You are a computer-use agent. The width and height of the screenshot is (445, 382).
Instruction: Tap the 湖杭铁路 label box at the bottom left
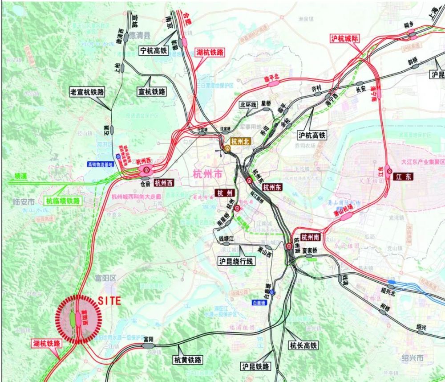tap(47, 344)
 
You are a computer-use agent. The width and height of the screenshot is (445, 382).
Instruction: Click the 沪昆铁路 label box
tap(255, 366)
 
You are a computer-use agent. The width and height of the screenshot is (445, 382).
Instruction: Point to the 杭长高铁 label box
tap(303, 345)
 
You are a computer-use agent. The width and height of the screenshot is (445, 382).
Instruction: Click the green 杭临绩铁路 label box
tap(64, 201)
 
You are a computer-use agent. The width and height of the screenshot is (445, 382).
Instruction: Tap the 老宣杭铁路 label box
tap(87, 92)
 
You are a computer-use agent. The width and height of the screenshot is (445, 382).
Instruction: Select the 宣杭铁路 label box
tap(151, 91)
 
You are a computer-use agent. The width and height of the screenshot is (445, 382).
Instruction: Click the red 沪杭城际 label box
tap(344, 38)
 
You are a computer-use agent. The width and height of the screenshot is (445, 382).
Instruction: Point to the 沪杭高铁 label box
tap(312, 135)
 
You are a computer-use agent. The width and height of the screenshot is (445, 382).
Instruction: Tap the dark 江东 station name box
tap(403, 177)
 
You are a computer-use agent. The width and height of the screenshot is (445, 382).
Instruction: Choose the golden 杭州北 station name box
tap(241, 142)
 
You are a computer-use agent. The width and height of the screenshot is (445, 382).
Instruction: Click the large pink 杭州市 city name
tap(207, 174)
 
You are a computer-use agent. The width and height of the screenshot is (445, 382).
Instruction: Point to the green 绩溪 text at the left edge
tap(20, 176)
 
